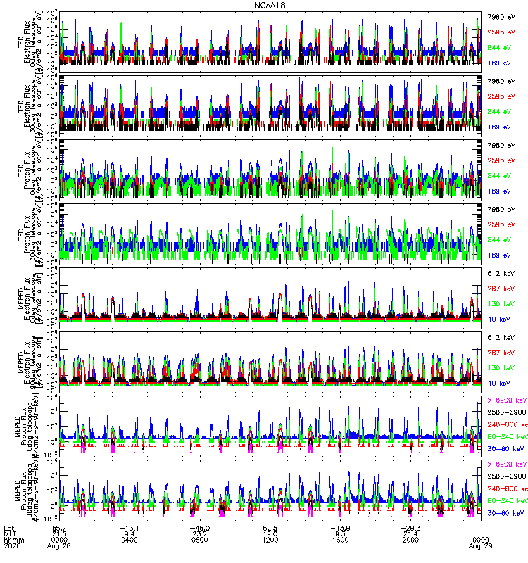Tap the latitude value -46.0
201,527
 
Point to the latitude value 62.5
272,527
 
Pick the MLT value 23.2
201,533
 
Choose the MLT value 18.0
272,533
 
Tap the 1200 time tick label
272,540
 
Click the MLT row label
9,533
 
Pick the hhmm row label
13,540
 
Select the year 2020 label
12,546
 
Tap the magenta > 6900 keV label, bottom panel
506,464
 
